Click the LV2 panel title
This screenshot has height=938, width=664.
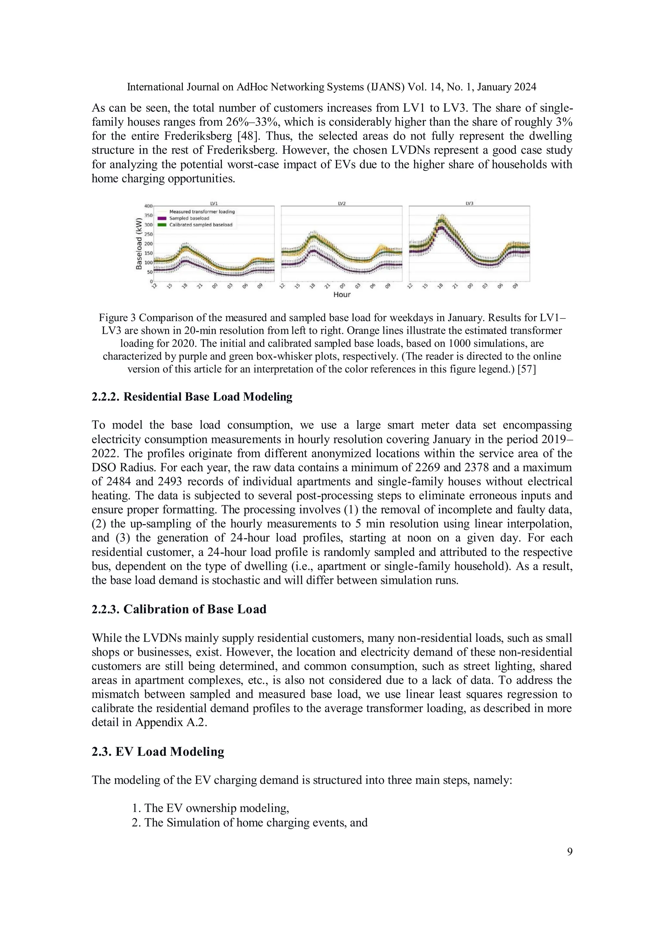(341, 203)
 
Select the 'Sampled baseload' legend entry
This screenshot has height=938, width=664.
(189, 218)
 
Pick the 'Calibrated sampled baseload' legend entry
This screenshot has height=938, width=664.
(200, 225)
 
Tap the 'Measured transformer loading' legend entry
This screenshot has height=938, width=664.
(202, 212)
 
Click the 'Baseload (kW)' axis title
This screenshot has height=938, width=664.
(139, 244)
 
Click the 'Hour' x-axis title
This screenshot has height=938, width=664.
(341, 295)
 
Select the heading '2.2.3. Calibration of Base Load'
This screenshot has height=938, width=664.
(179, 609)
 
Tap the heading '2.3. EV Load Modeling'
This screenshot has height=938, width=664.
(158, 752)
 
